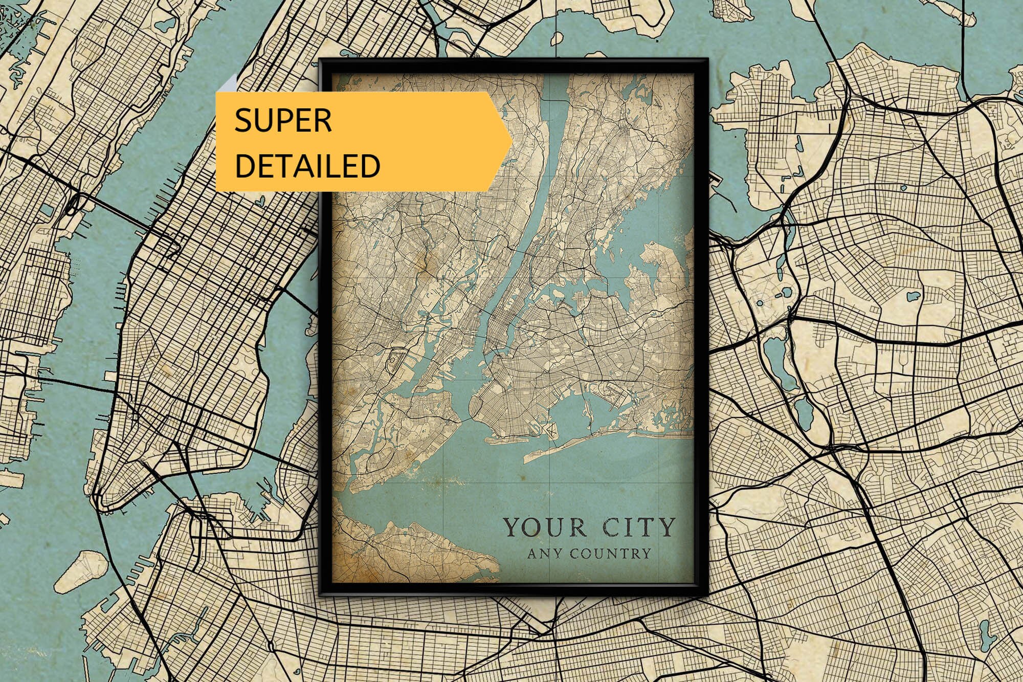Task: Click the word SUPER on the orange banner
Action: [x=283, y=121]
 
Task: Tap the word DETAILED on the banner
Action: [x=307, y=166]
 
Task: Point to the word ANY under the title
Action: [x=545, y=554]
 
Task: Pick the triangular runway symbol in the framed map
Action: [x=551, y=431]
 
